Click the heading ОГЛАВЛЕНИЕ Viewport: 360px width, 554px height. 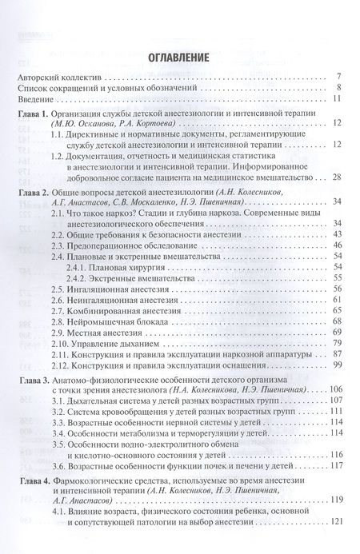(179, 58)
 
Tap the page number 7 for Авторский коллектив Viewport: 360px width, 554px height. (340, 77)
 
